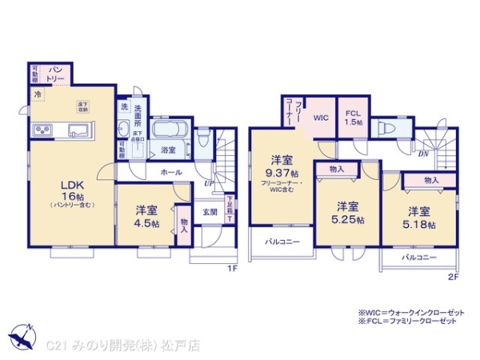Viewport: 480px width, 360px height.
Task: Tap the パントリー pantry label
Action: (x=54, y=73)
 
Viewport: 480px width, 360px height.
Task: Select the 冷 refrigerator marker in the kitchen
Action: (x=37, y=94)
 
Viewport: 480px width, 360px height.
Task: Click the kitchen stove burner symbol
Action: (x=42, y=130)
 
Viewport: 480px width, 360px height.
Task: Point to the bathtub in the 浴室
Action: (x=169, y=130)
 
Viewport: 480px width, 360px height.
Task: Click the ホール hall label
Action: (x=170, y=171)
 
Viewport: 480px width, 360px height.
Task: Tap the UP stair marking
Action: (x=209, y=183)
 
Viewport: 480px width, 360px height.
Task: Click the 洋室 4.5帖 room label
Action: (x=145, y=216)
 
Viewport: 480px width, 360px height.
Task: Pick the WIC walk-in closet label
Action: (x=320, y=117)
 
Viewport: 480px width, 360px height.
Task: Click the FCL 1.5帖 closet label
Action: (x=353, y=118)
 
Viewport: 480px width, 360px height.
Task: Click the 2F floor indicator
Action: (x=453, y=277)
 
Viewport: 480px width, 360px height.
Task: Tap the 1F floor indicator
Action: (x=232, y=268)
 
